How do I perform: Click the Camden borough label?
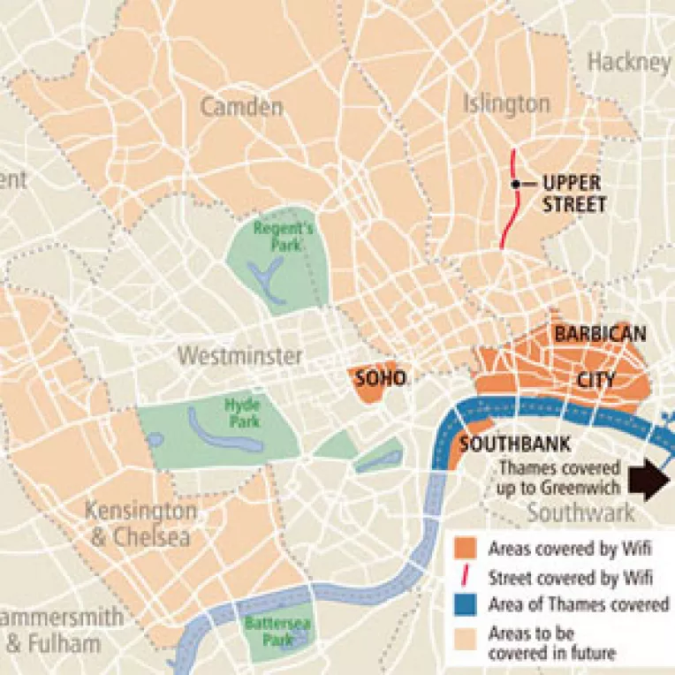241,108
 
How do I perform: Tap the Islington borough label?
506,103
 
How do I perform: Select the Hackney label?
629,62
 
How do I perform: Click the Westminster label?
239,356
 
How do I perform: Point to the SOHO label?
380,379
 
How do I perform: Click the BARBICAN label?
600,334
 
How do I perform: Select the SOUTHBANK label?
514,444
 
